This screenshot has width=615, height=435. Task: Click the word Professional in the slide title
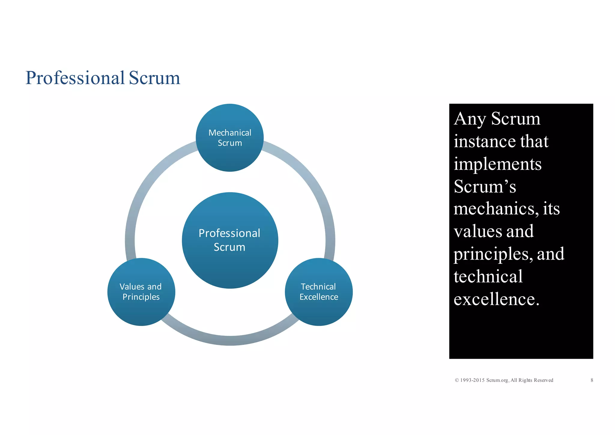(75, 78)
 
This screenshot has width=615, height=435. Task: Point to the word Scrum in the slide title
(154, 78)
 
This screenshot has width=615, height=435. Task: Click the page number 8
(592, 380)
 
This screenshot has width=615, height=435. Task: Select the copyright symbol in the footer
(457, 380)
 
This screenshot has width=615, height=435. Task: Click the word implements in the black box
(498, 164)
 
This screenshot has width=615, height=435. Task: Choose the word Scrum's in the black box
(485, 187)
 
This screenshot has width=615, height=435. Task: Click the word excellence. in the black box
(496, 299)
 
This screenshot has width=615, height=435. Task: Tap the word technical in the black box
(488, 276)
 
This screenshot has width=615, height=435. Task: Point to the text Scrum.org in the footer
(497, 380)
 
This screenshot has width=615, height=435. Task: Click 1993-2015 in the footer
(472, 380)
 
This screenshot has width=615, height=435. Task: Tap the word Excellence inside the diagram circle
(319, 297)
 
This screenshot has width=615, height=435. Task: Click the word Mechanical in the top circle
(230, 133)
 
